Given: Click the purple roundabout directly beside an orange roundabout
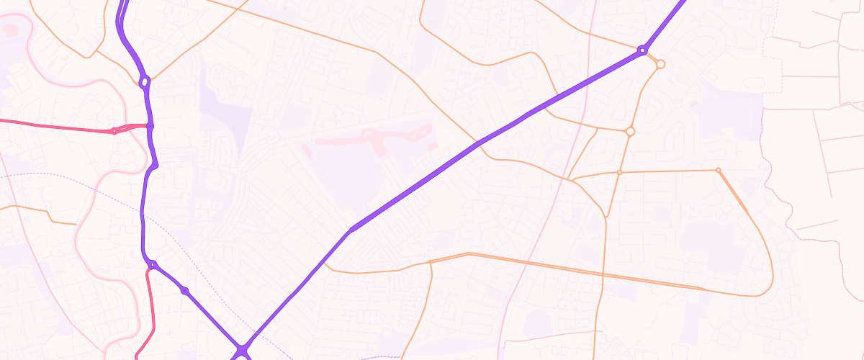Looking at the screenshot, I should (x=641, y=50).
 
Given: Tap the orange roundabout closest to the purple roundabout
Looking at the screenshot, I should (x=660, y=64).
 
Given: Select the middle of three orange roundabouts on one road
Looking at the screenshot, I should (x=630, y=131).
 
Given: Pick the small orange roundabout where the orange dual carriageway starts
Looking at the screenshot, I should (x=718, y=170).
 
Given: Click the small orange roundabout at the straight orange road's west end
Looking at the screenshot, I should (x=619, y=172).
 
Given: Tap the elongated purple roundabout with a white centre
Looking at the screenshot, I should (x=145, y=83).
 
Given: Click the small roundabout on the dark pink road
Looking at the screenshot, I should (x=114, y=131).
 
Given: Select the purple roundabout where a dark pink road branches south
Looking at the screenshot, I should (x=152, y=265).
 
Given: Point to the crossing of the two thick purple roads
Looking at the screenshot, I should (x=243, y=350).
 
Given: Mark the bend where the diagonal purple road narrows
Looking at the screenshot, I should (x=351, y=230).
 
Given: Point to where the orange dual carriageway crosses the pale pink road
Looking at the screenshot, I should (x=526, y=261).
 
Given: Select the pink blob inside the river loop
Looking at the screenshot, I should (x=10, y=30).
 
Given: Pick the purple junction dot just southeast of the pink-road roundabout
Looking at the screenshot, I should (x=185, y=290).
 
